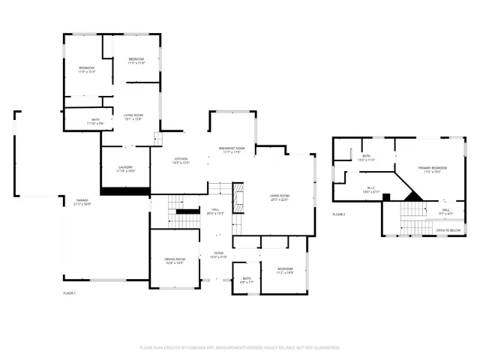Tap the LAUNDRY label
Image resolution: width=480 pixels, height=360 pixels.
point(125,169)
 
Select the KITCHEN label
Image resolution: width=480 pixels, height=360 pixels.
point(181,160)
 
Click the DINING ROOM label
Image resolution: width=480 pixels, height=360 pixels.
point(174,260)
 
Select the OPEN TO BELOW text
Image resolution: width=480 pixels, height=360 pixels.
point(448,230)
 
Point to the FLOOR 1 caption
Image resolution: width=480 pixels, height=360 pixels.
point(70,292)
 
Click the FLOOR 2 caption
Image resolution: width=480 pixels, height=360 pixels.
point(339,214)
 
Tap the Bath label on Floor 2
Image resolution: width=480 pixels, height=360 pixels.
point(366,157)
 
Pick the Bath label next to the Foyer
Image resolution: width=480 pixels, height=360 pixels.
point(247,280)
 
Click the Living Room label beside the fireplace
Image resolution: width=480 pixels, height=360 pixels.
point(280,197)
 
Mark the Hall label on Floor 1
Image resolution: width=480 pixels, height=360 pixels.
point(215,211)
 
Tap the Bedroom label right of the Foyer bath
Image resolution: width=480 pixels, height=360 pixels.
point(285,270)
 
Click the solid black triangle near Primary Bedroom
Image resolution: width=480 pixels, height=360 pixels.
point(412,195)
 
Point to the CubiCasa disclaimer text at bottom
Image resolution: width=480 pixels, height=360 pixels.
point(240,347)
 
